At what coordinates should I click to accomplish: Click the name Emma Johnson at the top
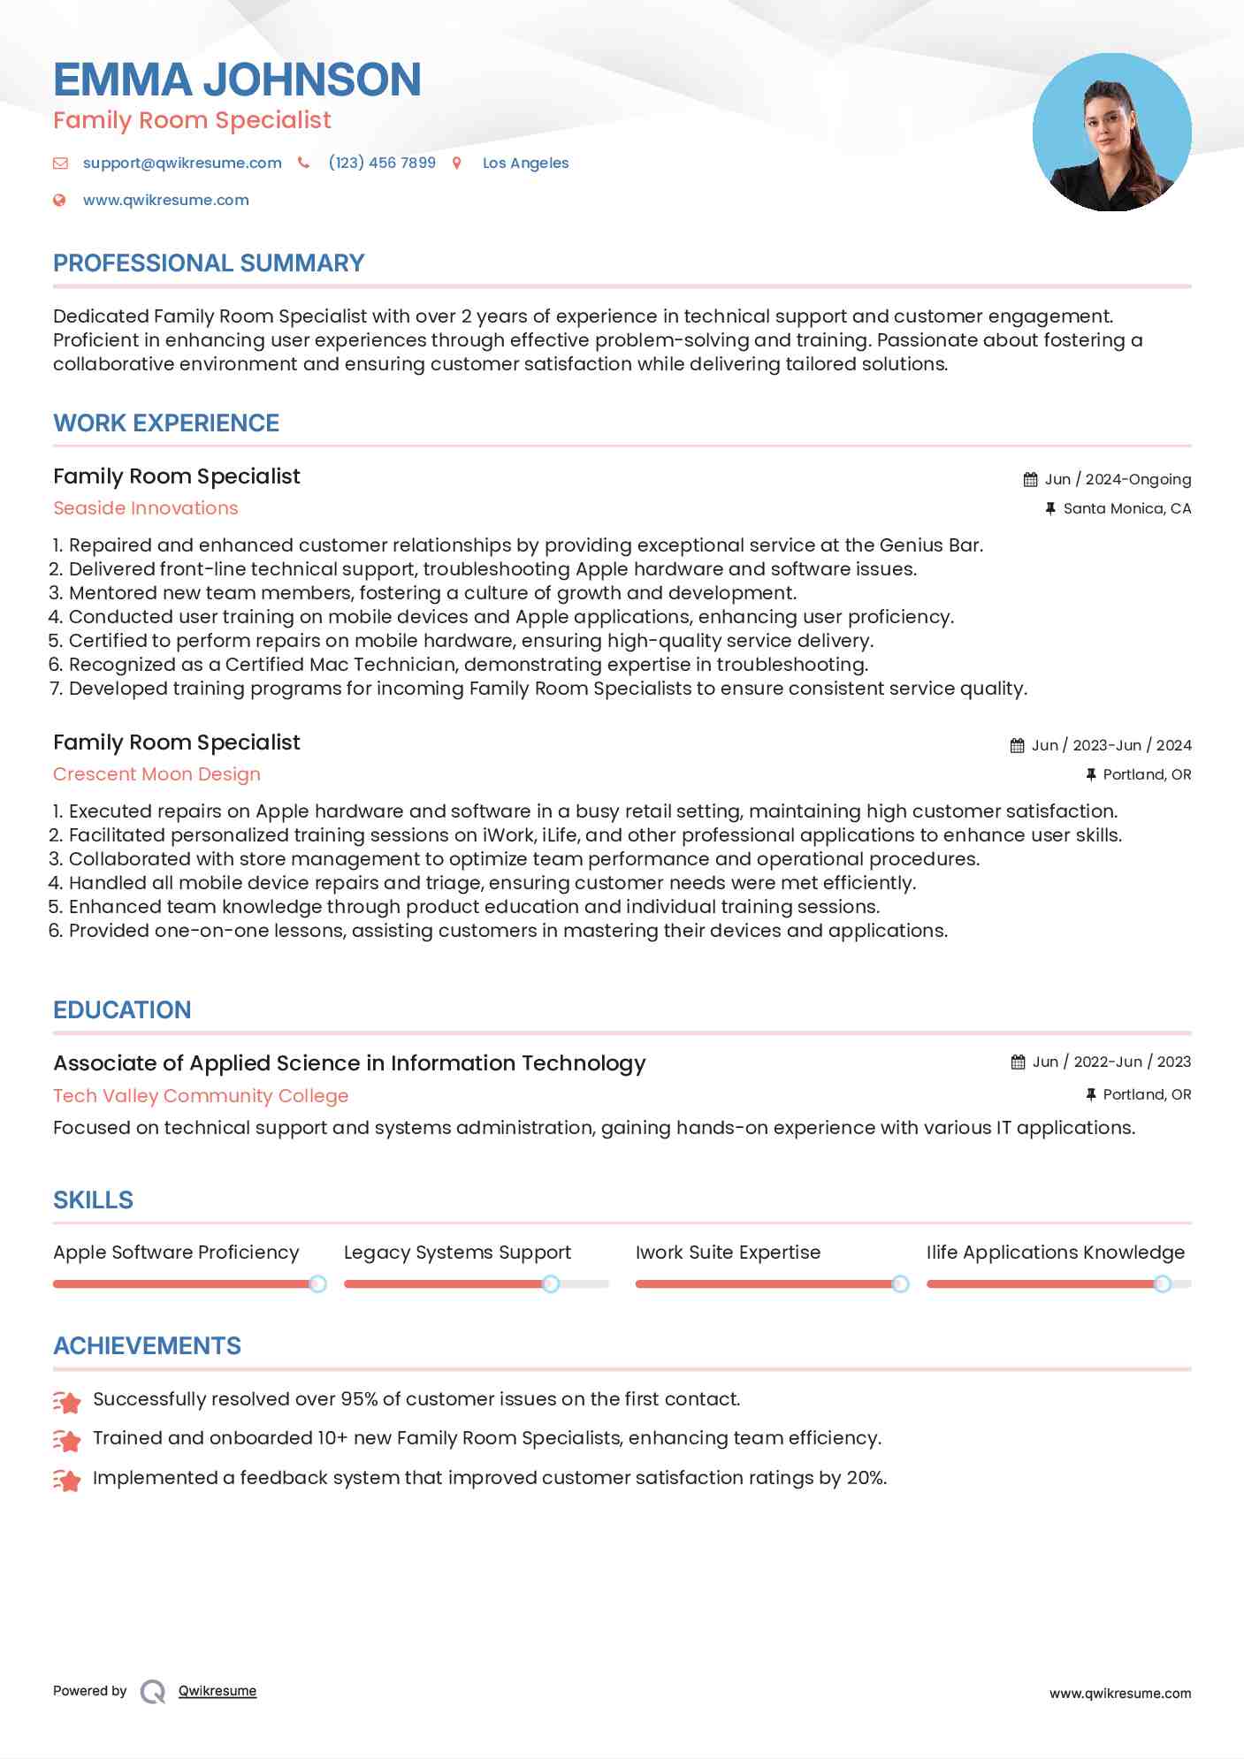click(237, 80)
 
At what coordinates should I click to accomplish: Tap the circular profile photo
click(1111, 133)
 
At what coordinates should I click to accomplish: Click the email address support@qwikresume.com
click(182, 163)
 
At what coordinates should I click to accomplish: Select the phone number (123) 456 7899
click(382, 163)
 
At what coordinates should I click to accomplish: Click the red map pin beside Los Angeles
click(457, 163)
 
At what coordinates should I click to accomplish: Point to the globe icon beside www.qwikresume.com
click(60, 200)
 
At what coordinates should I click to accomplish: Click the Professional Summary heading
click(209, 263)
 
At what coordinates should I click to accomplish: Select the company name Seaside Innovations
click(146, 508)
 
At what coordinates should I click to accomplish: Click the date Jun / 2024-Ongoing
click(1118, 479)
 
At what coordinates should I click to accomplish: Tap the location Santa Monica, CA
click(1126, 508)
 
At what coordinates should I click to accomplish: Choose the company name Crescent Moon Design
click(156, 774)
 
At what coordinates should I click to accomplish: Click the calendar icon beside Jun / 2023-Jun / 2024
click(1018, 745)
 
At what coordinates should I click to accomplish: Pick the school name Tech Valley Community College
click(201, 1096)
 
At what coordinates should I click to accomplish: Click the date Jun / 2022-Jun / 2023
click(1111, 1062)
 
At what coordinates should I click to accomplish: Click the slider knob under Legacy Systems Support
click(551, 1283)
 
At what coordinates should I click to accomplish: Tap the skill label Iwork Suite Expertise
click(728, 1253)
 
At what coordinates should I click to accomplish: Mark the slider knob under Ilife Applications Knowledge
click(1163, 1283)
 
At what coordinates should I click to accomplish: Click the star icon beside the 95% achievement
click(67, 1401)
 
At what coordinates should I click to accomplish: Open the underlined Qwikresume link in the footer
click(218, 1691)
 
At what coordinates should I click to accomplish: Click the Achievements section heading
click(147, 1346)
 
